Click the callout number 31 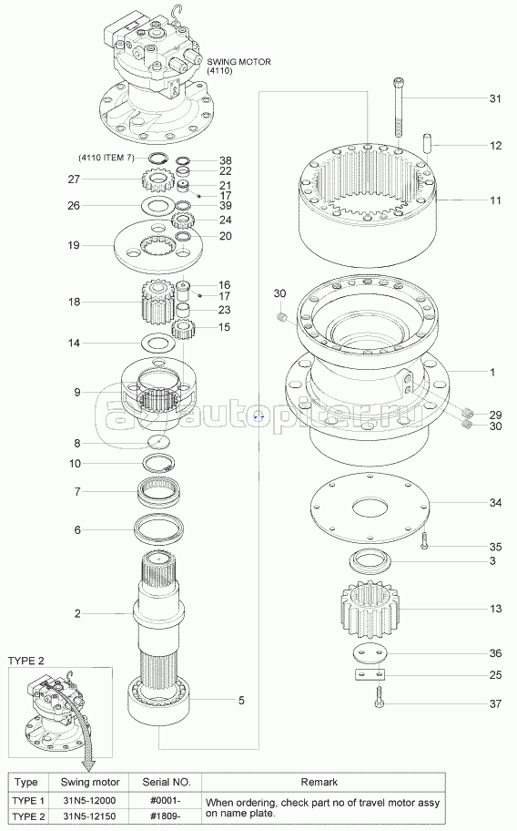click(495, 98)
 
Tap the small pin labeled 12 click(428, 145)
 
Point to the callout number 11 click(495, 200)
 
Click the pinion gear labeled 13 click(370, 610)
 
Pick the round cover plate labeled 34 click(370, 508)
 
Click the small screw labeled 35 click(424, 541)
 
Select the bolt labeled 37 click(380, 695)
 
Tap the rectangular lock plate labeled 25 click(370, 674)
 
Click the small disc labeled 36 click(370, 653)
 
